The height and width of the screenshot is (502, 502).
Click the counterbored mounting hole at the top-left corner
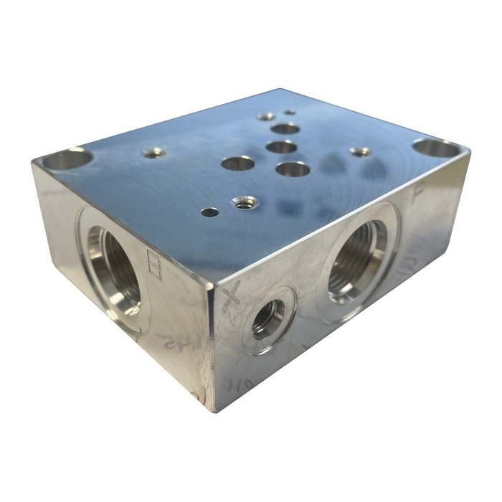coord(67,158)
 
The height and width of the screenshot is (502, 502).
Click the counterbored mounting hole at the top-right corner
coord(436,148)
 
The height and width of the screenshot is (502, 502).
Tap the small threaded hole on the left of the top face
coord(153,152)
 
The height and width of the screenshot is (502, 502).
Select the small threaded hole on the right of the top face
coord(360,151)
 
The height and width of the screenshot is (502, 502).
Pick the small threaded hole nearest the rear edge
coord(266,116)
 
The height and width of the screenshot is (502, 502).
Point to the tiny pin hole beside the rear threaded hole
coord(290,112)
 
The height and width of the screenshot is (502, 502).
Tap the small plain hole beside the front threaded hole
coord(209,212)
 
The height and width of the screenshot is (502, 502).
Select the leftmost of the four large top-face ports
coord(238,164)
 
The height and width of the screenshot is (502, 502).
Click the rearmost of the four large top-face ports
coord(285,129)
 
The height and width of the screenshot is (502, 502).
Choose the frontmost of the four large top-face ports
coord(293,169)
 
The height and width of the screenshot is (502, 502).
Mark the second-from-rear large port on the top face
coord(282,147)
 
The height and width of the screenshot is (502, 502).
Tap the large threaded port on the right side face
coord(357,260)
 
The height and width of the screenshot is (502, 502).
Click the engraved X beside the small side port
coord(230,296)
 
